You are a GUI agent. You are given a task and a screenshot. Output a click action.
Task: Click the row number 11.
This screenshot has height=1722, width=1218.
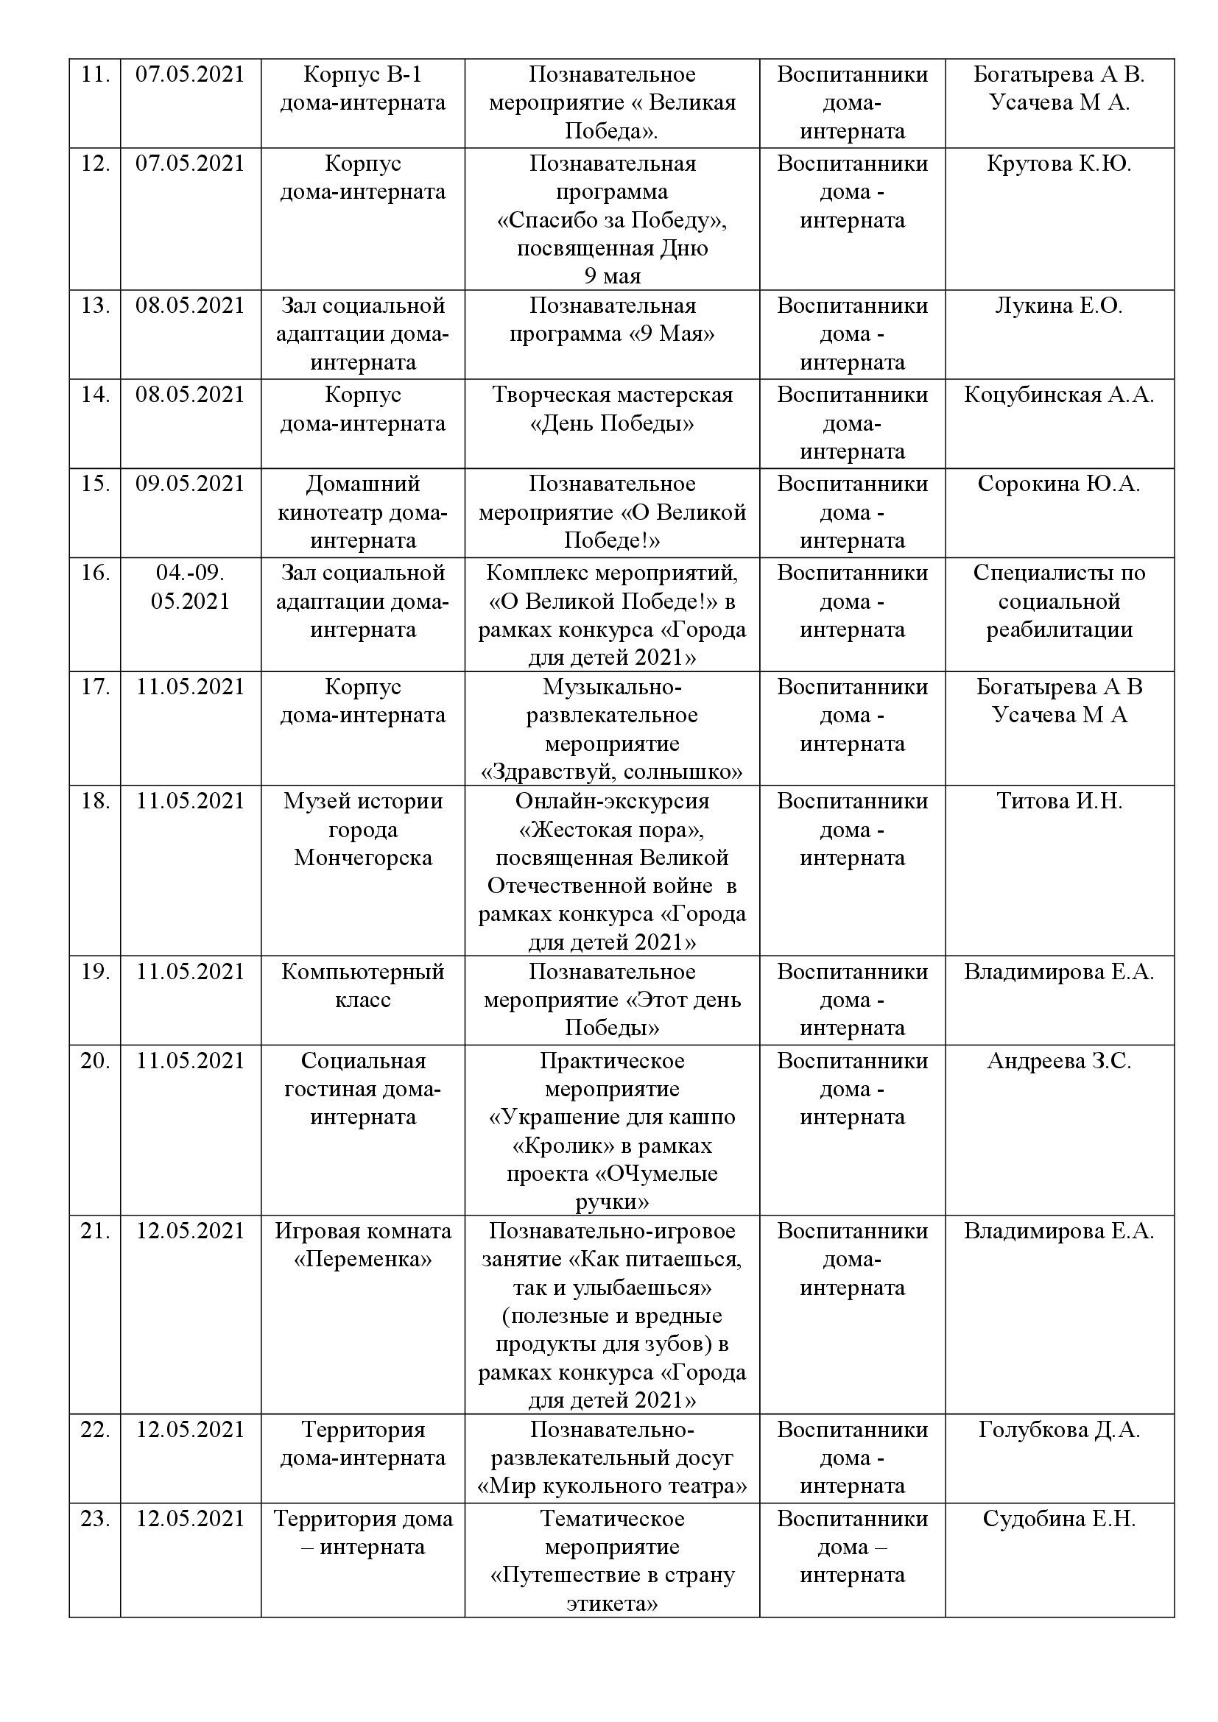coord(95,75)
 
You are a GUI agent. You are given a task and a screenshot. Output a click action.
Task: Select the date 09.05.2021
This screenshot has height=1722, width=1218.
coord(190,484)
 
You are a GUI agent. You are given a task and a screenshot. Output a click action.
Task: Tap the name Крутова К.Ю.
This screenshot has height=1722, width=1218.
coord(1058,163)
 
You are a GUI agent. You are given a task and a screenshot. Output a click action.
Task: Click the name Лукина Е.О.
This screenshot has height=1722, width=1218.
coord(1058,306)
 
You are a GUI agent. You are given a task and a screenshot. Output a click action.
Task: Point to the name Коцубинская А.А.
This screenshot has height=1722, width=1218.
coord(1058,395)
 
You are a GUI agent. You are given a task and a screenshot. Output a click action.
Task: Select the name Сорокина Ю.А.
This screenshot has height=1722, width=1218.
coord(1058,484)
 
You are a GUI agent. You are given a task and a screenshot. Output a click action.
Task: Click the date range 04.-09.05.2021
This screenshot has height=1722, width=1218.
coord(190,587)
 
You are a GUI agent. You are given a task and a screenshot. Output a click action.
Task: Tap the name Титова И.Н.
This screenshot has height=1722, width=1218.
coord(1058,801)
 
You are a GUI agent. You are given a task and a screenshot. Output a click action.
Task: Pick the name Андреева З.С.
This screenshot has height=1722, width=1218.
coord(1058,1062)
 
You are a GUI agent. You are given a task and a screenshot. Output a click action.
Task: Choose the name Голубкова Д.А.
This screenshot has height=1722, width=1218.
coord(1058,1430)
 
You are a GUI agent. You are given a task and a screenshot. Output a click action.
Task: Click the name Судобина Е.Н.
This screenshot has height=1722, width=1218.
coord(1058,1519)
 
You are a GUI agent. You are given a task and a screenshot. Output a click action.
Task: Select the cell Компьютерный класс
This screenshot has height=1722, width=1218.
coord(363,986)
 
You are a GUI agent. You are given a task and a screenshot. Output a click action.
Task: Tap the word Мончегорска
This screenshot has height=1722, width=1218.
coord(363,857)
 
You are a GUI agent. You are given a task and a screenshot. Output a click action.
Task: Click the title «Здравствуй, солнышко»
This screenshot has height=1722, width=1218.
coord(612,772)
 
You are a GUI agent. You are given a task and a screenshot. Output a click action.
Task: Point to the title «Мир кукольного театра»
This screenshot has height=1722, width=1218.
coord(612,1486)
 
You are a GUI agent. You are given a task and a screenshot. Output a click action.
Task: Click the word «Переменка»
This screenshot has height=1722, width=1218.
coord(363,1259)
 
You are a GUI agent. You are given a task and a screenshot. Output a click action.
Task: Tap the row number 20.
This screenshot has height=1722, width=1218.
coord(95,1062)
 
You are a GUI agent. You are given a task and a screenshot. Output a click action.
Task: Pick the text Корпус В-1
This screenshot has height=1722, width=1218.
coord(363,75)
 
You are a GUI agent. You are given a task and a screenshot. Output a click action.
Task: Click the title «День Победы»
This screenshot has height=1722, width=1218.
coord(612,424)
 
